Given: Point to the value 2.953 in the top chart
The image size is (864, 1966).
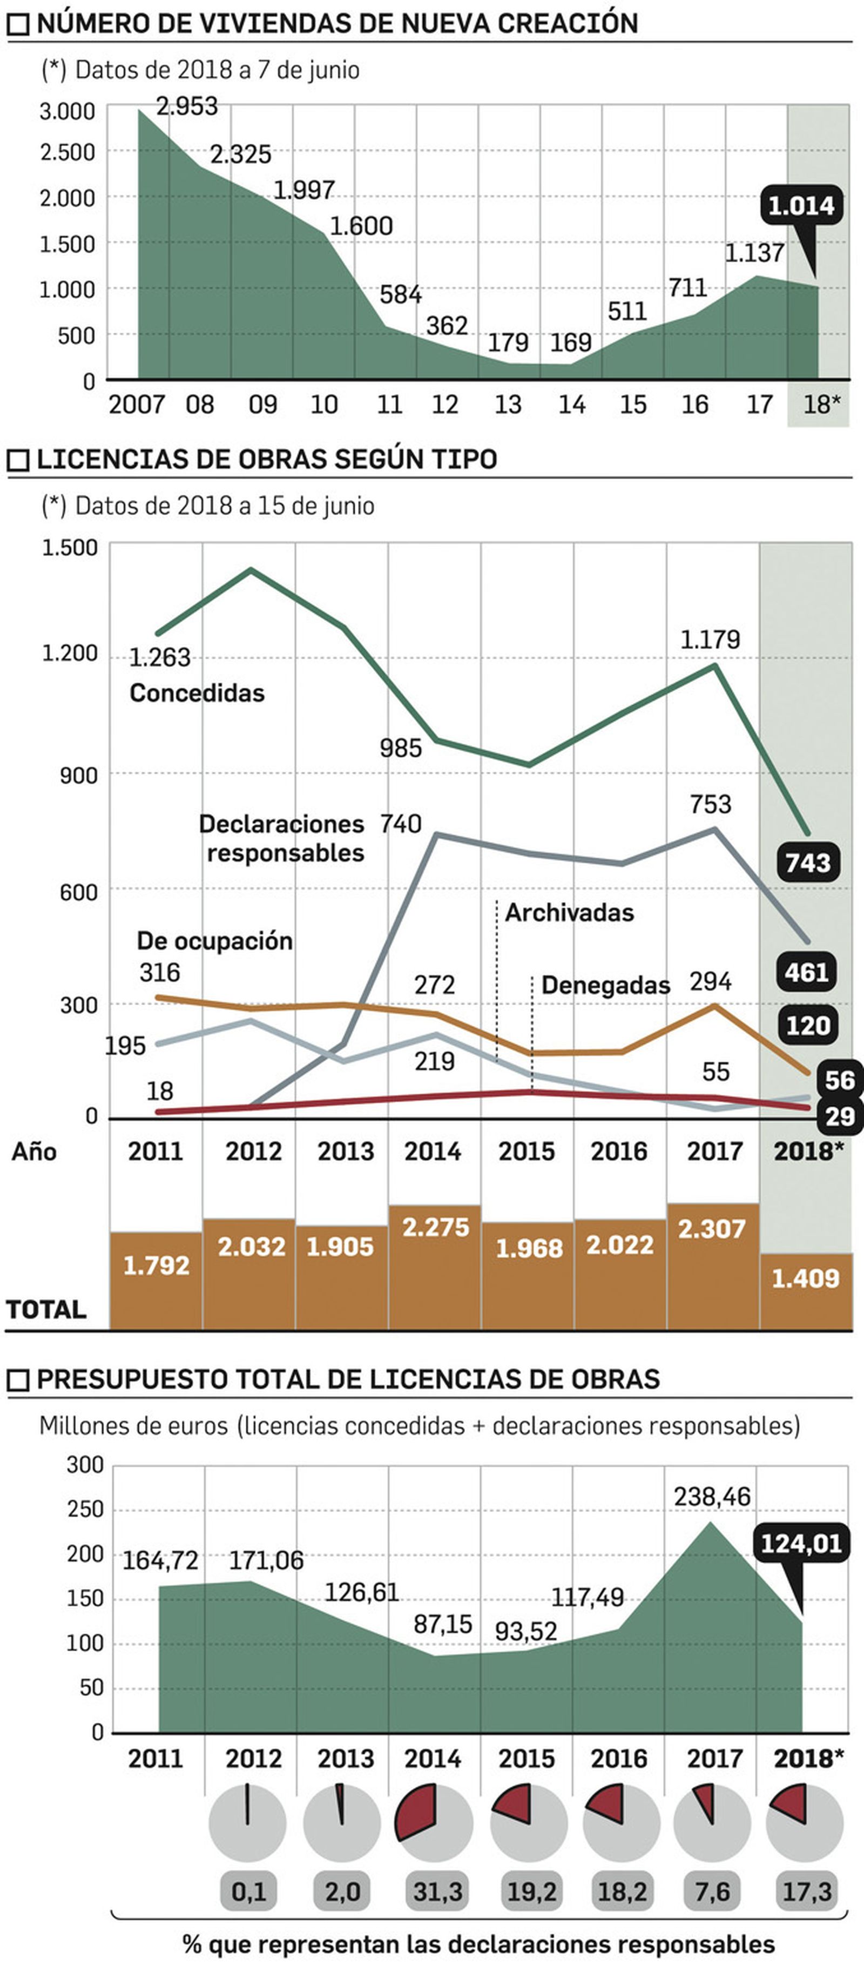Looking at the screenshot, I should pyautogui.click(x=186, y=106).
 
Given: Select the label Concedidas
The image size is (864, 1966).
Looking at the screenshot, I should pyautogui.click(x=197, y=693).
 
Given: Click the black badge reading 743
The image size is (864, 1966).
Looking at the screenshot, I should pyautogui.click(x=807, y=863).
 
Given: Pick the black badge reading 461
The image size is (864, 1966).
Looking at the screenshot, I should pyautogui.click(x=807, y=972).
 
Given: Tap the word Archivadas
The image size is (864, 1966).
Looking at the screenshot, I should pyautogui.click(x=569, y=912).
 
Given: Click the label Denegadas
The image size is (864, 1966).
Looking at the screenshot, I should pyautogui.click(x=605, y=985).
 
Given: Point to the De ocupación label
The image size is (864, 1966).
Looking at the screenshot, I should pyautogui.click(x=214, y=941).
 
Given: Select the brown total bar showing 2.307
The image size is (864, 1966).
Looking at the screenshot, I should pyautogui.click(x=712, y=1265).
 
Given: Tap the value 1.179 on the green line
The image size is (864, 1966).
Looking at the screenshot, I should pyautogui.click(x=710, y=639).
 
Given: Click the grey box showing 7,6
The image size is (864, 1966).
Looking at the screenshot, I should pyautogui.click(x=712, y=1892).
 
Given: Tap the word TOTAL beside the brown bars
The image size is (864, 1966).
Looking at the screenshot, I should pyautogui.click(x=46, y=1310).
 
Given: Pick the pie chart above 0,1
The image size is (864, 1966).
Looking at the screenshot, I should pyautogui.click(x=247, y=1823).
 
